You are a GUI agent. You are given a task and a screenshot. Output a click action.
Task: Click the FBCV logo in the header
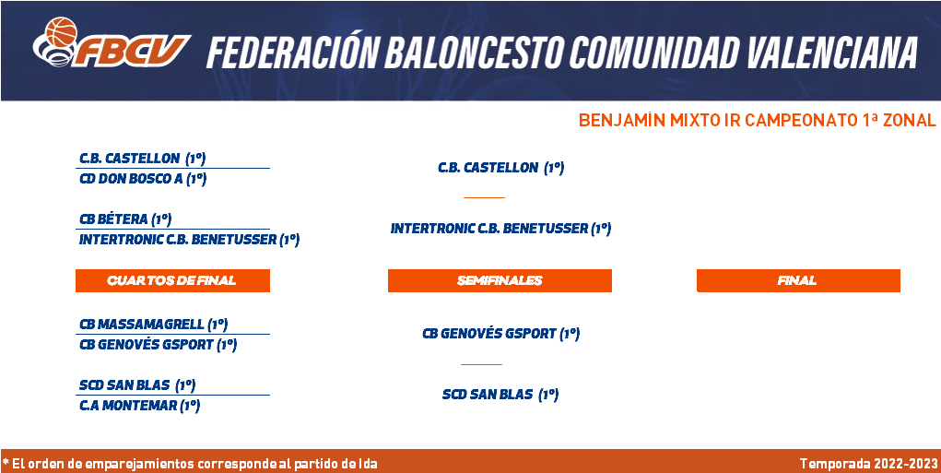click(x=112, y=42)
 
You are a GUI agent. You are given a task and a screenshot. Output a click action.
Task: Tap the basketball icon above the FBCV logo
click(x=62, y=32)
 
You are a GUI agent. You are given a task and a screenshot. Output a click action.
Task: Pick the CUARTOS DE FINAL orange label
click(x=172, y=280)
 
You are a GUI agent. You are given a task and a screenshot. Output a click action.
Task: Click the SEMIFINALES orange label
click(x=500, y=280)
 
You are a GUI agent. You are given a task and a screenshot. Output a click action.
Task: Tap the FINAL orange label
click(x=798, y=280)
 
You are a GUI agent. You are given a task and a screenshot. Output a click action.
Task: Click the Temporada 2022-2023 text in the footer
click(x=868, y=464)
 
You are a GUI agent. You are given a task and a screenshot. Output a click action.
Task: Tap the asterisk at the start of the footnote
click(x=6, y=462)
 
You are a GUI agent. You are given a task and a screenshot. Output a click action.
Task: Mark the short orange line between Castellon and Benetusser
click(x=484, y=197)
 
